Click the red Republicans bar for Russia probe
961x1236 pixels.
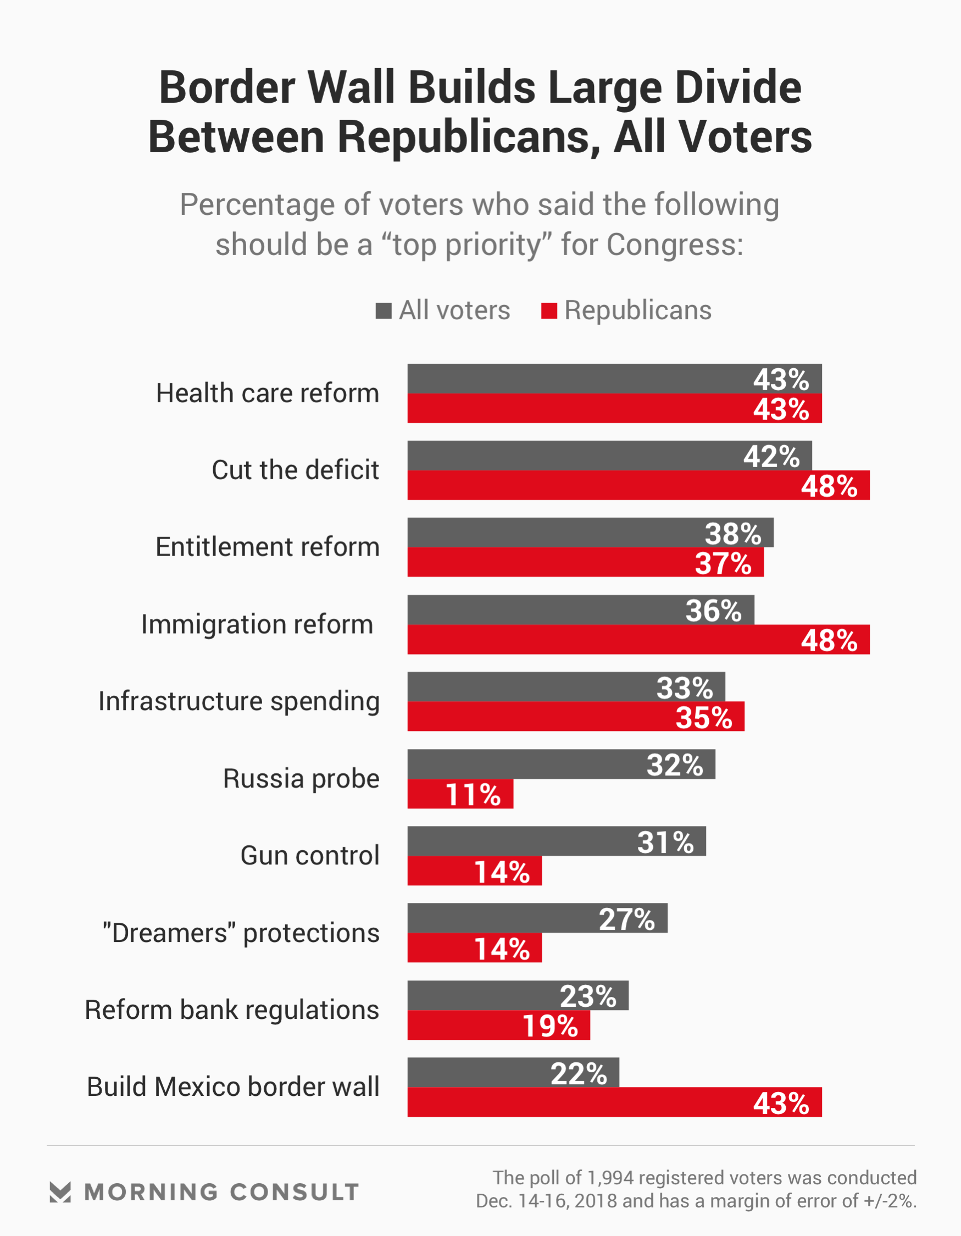459,794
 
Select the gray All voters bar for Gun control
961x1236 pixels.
557,841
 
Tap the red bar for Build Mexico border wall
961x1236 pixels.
614,1102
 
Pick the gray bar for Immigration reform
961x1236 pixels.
580,610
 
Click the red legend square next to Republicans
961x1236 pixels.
549,311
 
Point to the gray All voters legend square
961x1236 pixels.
383,311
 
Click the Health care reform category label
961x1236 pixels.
267,393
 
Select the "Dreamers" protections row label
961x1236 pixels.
241,933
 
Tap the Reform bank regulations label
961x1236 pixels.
231,1010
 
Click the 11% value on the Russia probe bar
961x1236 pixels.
473,795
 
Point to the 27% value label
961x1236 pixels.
627,919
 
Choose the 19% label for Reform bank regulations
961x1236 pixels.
550,1026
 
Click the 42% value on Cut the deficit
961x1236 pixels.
771,457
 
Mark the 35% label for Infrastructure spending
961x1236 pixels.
704,718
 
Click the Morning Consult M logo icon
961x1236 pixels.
60,1192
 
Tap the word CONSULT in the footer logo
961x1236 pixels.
295,1193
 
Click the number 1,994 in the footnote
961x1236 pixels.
609,1178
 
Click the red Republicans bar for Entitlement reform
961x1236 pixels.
585,563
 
